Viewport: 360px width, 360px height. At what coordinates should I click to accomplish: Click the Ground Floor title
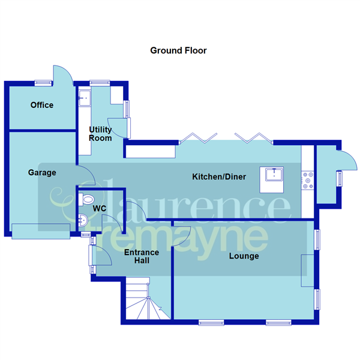178,51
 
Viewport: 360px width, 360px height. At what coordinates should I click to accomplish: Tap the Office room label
42,105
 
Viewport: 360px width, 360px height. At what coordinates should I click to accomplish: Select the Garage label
42,173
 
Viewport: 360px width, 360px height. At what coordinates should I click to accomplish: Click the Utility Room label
100,134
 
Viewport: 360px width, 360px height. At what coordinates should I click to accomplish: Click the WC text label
100,208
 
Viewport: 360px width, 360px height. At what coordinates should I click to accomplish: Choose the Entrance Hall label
141,257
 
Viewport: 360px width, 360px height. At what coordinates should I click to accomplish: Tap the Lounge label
244,256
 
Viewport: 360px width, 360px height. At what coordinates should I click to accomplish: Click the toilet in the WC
87,199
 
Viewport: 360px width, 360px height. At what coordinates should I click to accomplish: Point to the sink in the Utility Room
85,96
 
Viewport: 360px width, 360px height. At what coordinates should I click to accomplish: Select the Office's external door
62,75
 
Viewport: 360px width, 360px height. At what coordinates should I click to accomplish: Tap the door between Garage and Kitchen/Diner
86,175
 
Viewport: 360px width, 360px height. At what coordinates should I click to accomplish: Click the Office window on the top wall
42,82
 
